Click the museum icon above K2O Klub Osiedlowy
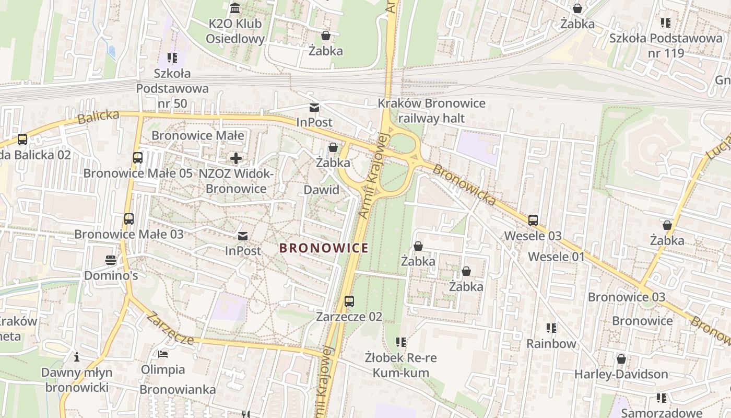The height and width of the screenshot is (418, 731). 235,8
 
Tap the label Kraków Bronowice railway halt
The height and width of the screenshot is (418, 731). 431,111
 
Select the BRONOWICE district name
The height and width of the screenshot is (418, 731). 324,248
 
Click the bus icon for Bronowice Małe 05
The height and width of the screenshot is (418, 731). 138,157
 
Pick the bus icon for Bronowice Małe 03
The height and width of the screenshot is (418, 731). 129,218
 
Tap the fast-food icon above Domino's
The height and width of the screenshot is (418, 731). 111,260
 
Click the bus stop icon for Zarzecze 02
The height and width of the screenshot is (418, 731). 349,301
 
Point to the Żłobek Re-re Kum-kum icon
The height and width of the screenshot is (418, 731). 401,342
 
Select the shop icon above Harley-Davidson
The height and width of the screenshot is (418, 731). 621,359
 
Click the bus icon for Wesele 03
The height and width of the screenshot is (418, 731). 533,220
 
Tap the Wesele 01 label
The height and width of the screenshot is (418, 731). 556,257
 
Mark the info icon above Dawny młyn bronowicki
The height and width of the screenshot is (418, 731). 77,357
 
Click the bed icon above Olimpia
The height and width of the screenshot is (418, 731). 163,354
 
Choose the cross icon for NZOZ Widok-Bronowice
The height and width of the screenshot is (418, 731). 236,158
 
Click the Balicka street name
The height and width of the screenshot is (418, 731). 98,117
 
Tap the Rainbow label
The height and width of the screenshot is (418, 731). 551,344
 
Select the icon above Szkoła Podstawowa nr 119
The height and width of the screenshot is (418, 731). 666,22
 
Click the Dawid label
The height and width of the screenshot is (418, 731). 322,190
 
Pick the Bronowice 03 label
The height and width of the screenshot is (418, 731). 627,297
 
